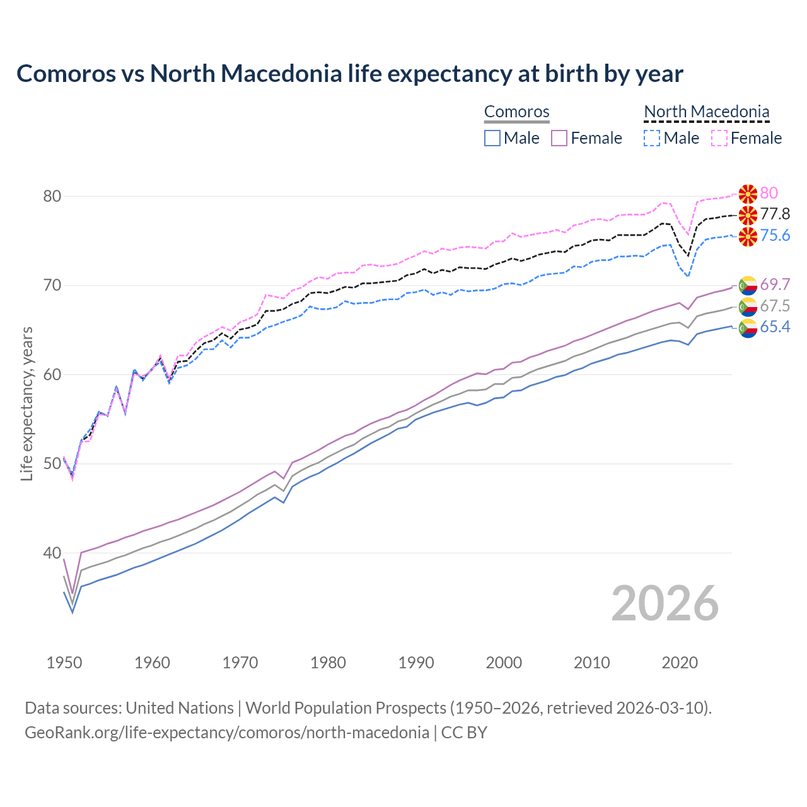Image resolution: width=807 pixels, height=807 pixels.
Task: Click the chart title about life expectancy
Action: point(349,74)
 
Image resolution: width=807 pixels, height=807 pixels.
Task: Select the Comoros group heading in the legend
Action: point(516,112)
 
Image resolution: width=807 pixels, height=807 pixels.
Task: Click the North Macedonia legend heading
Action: point(706,112)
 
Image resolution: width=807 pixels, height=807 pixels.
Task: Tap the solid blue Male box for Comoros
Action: point(492,138)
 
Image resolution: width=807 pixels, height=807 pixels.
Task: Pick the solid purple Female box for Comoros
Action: point(559,138)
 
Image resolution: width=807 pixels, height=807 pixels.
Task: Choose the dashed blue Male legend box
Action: point(652,138)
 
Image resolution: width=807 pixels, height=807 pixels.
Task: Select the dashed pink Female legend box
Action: point(719,138)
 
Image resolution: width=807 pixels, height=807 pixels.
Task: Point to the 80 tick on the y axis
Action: point(52,196)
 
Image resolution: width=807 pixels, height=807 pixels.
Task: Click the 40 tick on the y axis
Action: point(52,553)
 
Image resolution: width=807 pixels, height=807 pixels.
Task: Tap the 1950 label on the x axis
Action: point(64,663)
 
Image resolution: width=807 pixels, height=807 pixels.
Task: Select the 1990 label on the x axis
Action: point(416,663)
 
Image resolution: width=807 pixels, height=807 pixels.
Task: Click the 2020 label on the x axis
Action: point(680,663)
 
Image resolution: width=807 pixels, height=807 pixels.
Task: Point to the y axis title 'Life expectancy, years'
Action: point(27,403)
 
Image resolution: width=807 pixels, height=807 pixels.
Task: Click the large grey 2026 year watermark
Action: point(665,603)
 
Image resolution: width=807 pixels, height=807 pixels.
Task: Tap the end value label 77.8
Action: point(775,214)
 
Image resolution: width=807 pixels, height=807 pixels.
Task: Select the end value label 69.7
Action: point(775,285)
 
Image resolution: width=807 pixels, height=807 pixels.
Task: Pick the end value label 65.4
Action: point(775,327)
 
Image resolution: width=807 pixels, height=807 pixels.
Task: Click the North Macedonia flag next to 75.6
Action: point(748,236)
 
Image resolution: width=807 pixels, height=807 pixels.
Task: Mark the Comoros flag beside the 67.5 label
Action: point(748,307)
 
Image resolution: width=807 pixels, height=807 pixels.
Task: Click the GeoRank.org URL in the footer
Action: point(226,733)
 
